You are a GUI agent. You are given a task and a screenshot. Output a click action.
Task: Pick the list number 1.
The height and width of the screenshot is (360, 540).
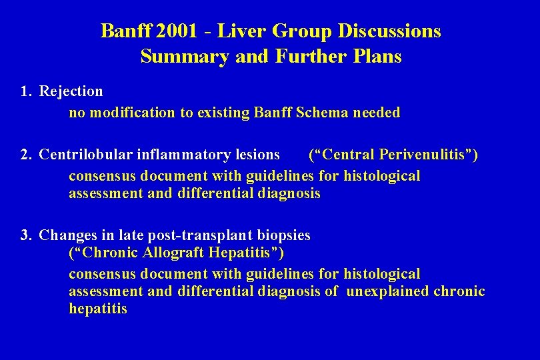point(25,91)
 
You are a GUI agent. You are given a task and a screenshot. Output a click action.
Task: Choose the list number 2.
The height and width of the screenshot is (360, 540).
point(25,155)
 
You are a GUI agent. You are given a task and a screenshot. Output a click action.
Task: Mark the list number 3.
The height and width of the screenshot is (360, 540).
point(25,235)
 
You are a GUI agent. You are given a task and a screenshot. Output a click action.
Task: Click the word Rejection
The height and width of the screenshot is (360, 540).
point(71,91)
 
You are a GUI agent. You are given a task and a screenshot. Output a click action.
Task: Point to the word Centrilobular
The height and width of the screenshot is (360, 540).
point(86,155)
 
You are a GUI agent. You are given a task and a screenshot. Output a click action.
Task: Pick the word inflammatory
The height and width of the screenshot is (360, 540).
point(184,155)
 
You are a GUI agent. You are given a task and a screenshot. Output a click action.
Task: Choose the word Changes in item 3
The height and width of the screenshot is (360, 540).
point(65,235)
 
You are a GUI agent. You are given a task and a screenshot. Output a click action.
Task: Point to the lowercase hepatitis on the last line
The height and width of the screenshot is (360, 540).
point(97,309)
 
